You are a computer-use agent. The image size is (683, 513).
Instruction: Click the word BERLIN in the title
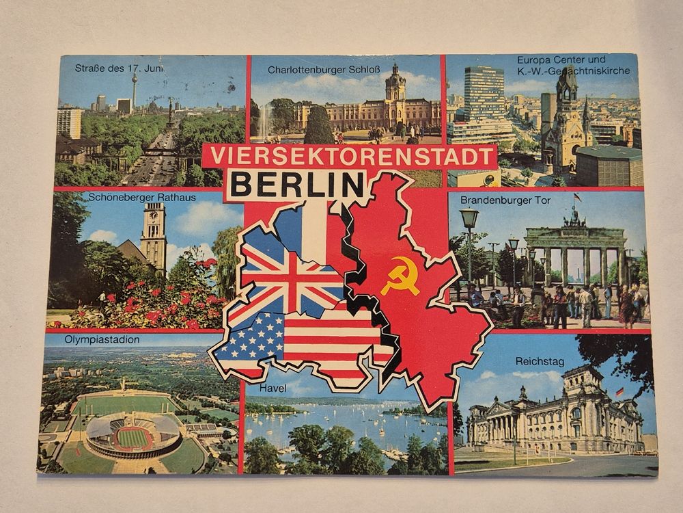[294, 184]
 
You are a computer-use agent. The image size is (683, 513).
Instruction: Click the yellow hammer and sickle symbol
[400, 275]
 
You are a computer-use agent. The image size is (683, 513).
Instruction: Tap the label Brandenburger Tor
[505, 200]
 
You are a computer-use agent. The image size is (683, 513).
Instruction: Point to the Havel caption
[274, 389]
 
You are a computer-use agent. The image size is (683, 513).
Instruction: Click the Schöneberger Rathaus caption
[142, 198]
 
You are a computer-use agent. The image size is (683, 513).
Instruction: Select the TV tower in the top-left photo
[135, 89]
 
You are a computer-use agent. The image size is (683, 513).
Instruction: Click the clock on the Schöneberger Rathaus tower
[153, 218]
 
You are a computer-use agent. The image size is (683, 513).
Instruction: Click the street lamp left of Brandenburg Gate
[469, 222]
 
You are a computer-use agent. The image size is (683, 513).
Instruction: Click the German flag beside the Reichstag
[619, 392]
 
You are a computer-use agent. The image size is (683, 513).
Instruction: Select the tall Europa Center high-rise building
[484, 96]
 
